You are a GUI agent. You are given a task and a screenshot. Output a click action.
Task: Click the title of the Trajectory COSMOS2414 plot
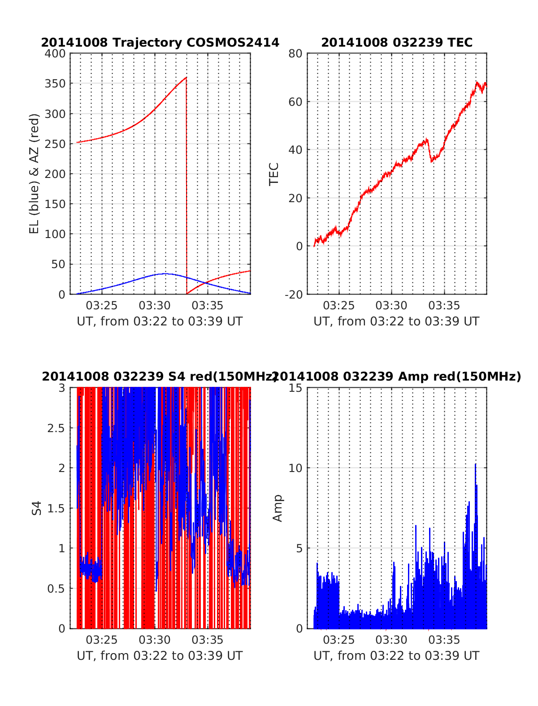pos(160,43)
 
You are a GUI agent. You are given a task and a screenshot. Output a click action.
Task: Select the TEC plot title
pos(397,43)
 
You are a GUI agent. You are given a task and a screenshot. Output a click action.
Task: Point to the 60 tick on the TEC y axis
pos(296,102)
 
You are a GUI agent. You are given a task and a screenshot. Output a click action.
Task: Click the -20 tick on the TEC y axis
pos(293,294)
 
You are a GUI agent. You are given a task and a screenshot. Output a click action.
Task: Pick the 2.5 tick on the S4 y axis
pos(56,428)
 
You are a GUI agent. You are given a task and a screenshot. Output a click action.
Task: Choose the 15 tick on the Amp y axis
pos(296,388)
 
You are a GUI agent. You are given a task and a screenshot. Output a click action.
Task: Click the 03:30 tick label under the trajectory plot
pos(155,306)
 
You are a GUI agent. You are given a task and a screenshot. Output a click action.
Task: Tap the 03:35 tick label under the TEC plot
pos(444,306)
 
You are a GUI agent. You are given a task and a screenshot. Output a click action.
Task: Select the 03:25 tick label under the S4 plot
pos(102,640)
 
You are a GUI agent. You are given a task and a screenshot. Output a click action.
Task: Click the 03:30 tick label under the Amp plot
pos(391,640)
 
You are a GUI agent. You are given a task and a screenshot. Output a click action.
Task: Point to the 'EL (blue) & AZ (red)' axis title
pos(35,173)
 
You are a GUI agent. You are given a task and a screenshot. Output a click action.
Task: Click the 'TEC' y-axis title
pos(274,173)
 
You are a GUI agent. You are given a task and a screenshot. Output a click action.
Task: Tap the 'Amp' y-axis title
pos(278,508)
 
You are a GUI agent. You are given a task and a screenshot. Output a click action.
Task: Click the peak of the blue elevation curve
pos(165,273)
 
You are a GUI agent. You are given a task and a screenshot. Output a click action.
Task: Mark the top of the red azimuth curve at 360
pos(186,78)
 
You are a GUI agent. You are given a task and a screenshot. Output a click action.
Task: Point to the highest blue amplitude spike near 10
pos(475,464)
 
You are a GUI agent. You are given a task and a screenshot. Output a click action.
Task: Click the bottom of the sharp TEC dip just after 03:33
pos(431,161)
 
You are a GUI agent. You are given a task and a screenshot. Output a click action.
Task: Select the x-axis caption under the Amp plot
pos(396,656)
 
